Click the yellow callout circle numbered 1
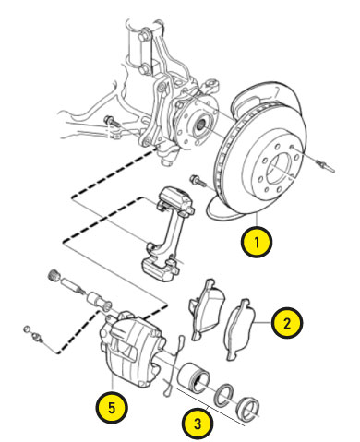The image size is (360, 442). click(x=257, y=243)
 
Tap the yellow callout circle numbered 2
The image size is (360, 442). click(x=287, y=323)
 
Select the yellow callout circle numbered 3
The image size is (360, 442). click(x=198, y=424)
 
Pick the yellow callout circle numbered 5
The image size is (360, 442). click(x=112, y=408)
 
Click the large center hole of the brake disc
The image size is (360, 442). click(x=278, y=168)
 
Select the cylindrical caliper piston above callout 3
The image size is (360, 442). click(x=193, y=376)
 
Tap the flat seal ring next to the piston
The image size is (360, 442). click(x=224, y=395)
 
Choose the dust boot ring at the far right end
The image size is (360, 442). click(x=247, y=408)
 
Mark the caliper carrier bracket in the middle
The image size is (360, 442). click(x=167, y=233)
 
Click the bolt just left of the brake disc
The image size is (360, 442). click(x=198, y=181)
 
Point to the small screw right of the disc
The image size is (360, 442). click(x=326, y=166)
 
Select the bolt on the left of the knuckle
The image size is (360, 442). click(x=112, y=121)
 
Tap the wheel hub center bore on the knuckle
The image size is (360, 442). click(x=200, y=125)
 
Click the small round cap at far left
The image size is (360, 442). click(x=27, y=329)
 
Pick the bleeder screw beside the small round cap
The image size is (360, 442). click(x=38, y=337)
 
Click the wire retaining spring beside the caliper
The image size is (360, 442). click(x=173, y=365)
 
